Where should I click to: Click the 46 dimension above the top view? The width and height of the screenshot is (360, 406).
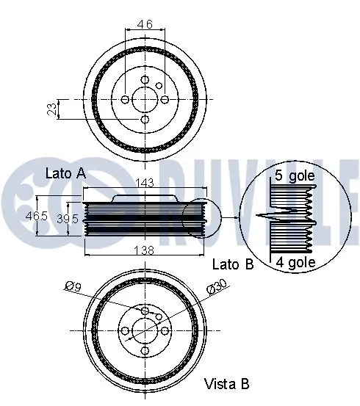145,25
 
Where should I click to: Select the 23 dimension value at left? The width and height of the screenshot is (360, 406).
51,109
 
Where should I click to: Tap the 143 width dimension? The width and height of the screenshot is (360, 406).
145,184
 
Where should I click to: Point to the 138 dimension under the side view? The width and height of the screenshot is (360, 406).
145,250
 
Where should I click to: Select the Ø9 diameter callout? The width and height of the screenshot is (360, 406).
72,287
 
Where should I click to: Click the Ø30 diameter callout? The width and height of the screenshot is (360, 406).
217,286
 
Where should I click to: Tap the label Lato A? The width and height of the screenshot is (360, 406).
66,173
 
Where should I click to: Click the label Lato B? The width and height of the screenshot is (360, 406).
232,264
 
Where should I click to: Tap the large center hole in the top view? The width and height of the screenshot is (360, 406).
145,99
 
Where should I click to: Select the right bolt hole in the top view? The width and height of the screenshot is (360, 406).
165,99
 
